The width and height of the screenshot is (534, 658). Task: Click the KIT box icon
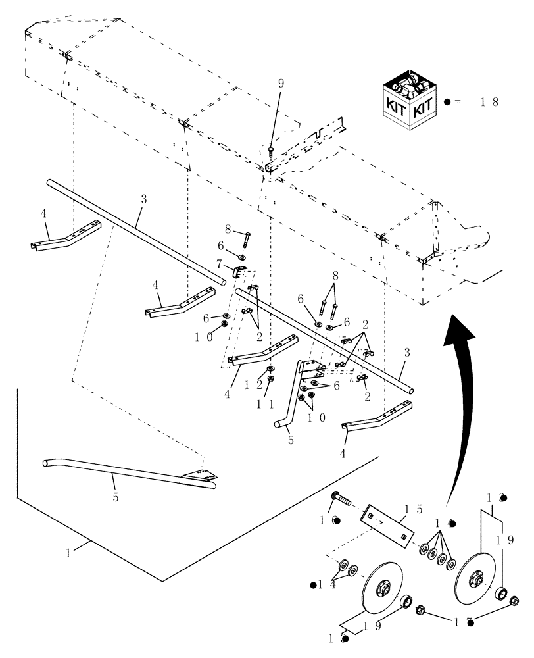coord(406,100)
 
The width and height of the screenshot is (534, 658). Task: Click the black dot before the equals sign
coord(448,103)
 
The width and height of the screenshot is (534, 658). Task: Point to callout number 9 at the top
coord(281,84)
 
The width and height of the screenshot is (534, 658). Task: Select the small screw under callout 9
coord(271,151)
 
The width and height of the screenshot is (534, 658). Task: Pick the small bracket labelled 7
coord(242,270)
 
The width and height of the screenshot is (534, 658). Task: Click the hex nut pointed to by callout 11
coord(272,378)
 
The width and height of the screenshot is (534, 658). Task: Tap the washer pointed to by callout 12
coord(271,368)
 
